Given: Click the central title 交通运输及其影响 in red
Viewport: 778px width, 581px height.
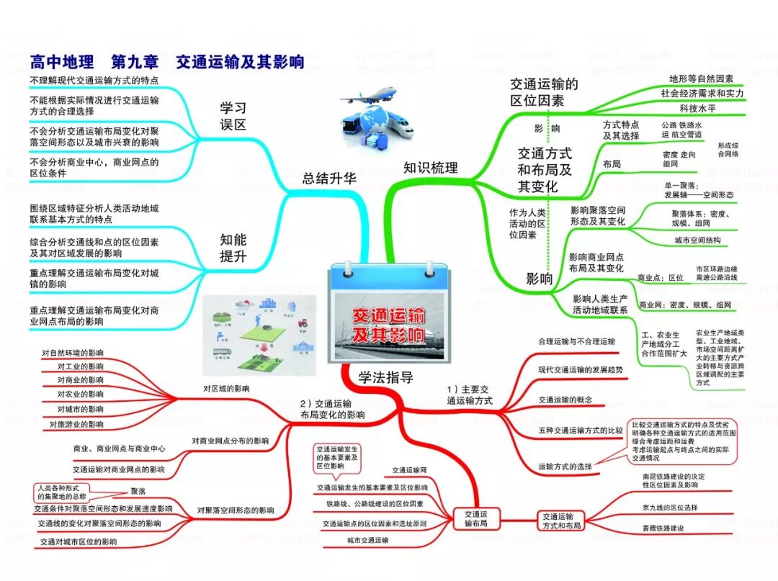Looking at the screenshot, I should [x=388, y=326].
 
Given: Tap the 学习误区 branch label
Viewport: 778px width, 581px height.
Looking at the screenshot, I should [x=233, y=116].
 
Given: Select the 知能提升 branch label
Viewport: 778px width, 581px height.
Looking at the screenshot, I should [x=233, y=248].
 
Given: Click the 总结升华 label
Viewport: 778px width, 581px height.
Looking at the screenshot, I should [x=329, y=179].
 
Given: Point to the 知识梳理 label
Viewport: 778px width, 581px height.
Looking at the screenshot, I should [x=430, y=168].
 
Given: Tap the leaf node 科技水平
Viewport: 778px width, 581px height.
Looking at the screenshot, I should [x=698, y=109].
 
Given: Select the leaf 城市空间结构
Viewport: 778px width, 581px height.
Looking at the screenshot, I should [x=697, y=240].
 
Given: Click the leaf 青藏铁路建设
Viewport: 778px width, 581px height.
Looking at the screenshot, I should [x=663, y=528].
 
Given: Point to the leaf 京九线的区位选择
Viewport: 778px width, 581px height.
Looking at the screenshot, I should [x=670, y=507].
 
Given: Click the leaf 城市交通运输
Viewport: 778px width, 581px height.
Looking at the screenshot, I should [x=367, y=540].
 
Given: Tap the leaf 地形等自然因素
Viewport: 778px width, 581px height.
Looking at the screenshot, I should [x=701, y=78].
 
